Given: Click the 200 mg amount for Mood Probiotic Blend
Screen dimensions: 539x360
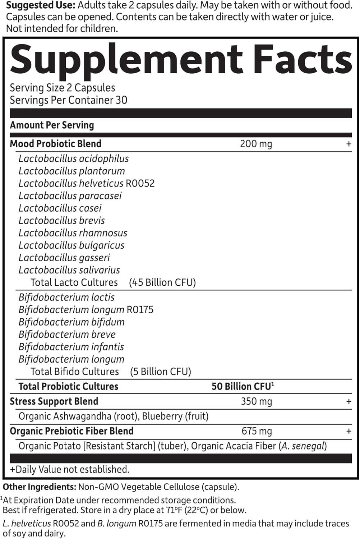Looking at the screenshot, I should tap(256, 144).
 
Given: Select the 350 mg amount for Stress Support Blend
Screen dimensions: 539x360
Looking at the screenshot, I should tap(256, 401).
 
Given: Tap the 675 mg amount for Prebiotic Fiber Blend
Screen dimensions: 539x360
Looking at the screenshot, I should tap(256, 431).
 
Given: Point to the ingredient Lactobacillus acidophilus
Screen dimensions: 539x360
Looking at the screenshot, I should tap(74, 158).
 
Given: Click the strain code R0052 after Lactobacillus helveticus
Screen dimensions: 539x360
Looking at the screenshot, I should tap(140, 183).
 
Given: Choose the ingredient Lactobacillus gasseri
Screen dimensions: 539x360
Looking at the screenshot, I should tap(64, 258).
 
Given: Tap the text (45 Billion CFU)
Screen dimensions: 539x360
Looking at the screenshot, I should tap(162, 282).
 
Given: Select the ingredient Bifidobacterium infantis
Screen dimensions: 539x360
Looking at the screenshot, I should tap(71, 347).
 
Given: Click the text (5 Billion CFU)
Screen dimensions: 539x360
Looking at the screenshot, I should tap(160, 372).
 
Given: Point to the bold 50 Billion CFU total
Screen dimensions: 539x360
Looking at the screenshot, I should tap(241, 386).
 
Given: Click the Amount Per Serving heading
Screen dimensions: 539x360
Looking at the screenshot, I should tap(52, 125).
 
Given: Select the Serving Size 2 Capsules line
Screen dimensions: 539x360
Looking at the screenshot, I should tap(63, 88).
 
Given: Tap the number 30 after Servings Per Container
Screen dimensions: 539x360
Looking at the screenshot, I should tap(121, 100).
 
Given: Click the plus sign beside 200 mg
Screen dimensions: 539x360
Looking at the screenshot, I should tap(349, 144).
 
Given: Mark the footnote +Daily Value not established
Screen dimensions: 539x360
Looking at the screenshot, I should tap(70, 469).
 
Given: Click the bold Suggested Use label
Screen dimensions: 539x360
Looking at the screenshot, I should tap(40, 5).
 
